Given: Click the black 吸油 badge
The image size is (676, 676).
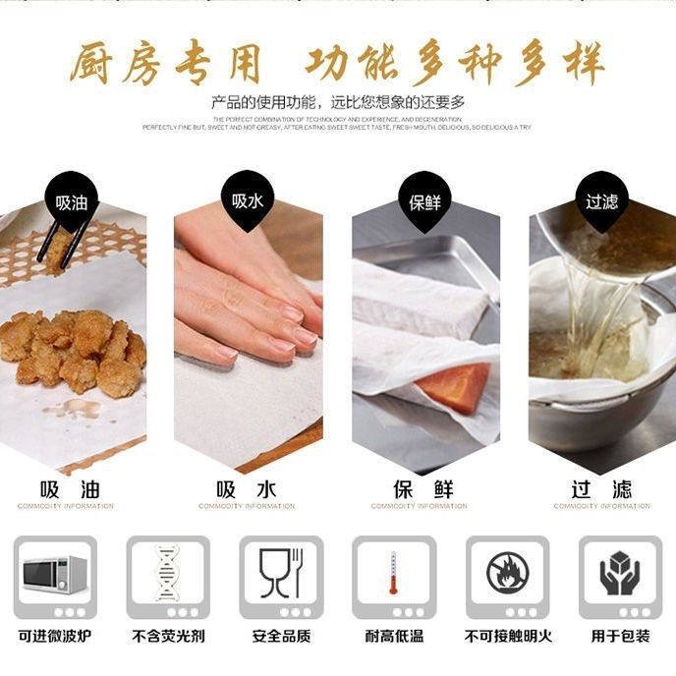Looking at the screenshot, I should tap(72, 203).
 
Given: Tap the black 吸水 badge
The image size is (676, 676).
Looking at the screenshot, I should tap(248, 201).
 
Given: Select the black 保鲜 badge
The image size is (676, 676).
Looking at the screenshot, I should tap(425, 203).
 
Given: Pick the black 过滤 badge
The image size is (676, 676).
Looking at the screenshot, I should tap(601, 201).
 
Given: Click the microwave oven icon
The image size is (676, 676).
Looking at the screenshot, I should tap(55, 574).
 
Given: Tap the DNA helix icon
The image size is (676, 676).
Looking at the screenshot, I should tap(168, 574).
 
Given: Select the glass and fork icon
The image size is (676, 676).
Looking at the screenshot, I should tap(281, 572).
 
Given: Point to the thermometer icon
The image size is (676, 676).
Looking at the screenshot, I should tap(394, 574).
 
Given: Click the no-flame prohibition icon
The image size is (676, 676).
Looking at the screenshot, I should tap(507, 574).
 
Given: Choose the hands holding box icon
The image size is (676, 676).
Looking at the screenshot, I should tap(620, 574).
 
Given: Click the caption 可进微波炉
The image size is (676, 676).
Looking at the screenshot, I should tap(55, 637).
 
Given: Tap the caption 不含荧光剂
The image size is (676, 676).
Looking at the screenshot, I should tap(168, 637).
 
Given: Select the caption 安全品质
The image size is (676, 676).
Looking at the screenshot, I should tap(281, 637).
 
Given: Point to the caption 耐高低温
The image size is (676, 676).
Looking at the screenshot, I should tap(394, 637).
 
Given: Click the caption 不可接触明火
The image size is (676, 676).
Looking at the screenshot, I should tap(507, 637).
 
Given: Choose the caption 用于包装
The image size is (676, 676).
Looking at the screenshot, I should tap(620, 637).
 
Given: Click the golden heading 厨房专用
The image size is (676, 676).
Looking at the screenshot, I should tap(165, 64).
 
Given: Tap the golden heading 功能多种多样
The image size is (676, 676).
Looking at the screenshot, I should tap(452, 64).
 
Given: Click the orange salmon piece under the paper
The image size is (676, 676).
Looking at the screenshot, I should tap(456, 385).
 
